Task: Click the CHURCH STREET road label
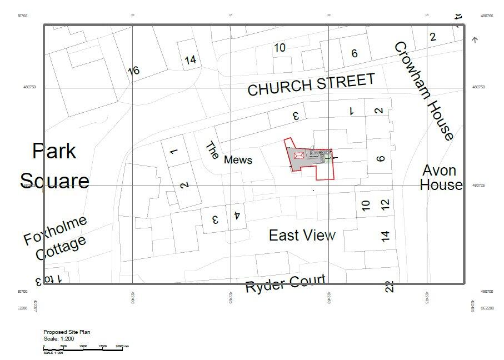311,84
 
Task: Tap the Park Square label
54,166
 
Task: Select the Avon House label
441,177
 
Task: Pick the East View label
302,236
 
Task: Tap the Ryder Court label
285,284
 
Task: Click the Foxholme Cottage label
56,238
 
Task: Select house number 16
133,71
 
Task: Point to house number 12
386,204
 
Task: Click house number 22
390,287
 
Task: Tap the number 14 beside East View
386,236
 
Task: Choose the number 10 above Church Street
280,48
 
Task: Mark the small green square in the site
328,158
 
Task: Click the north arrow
474,40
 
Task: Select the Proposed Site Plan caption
67,332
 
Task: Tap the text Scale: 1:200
59,338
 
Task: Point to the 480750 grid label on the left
29,87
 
